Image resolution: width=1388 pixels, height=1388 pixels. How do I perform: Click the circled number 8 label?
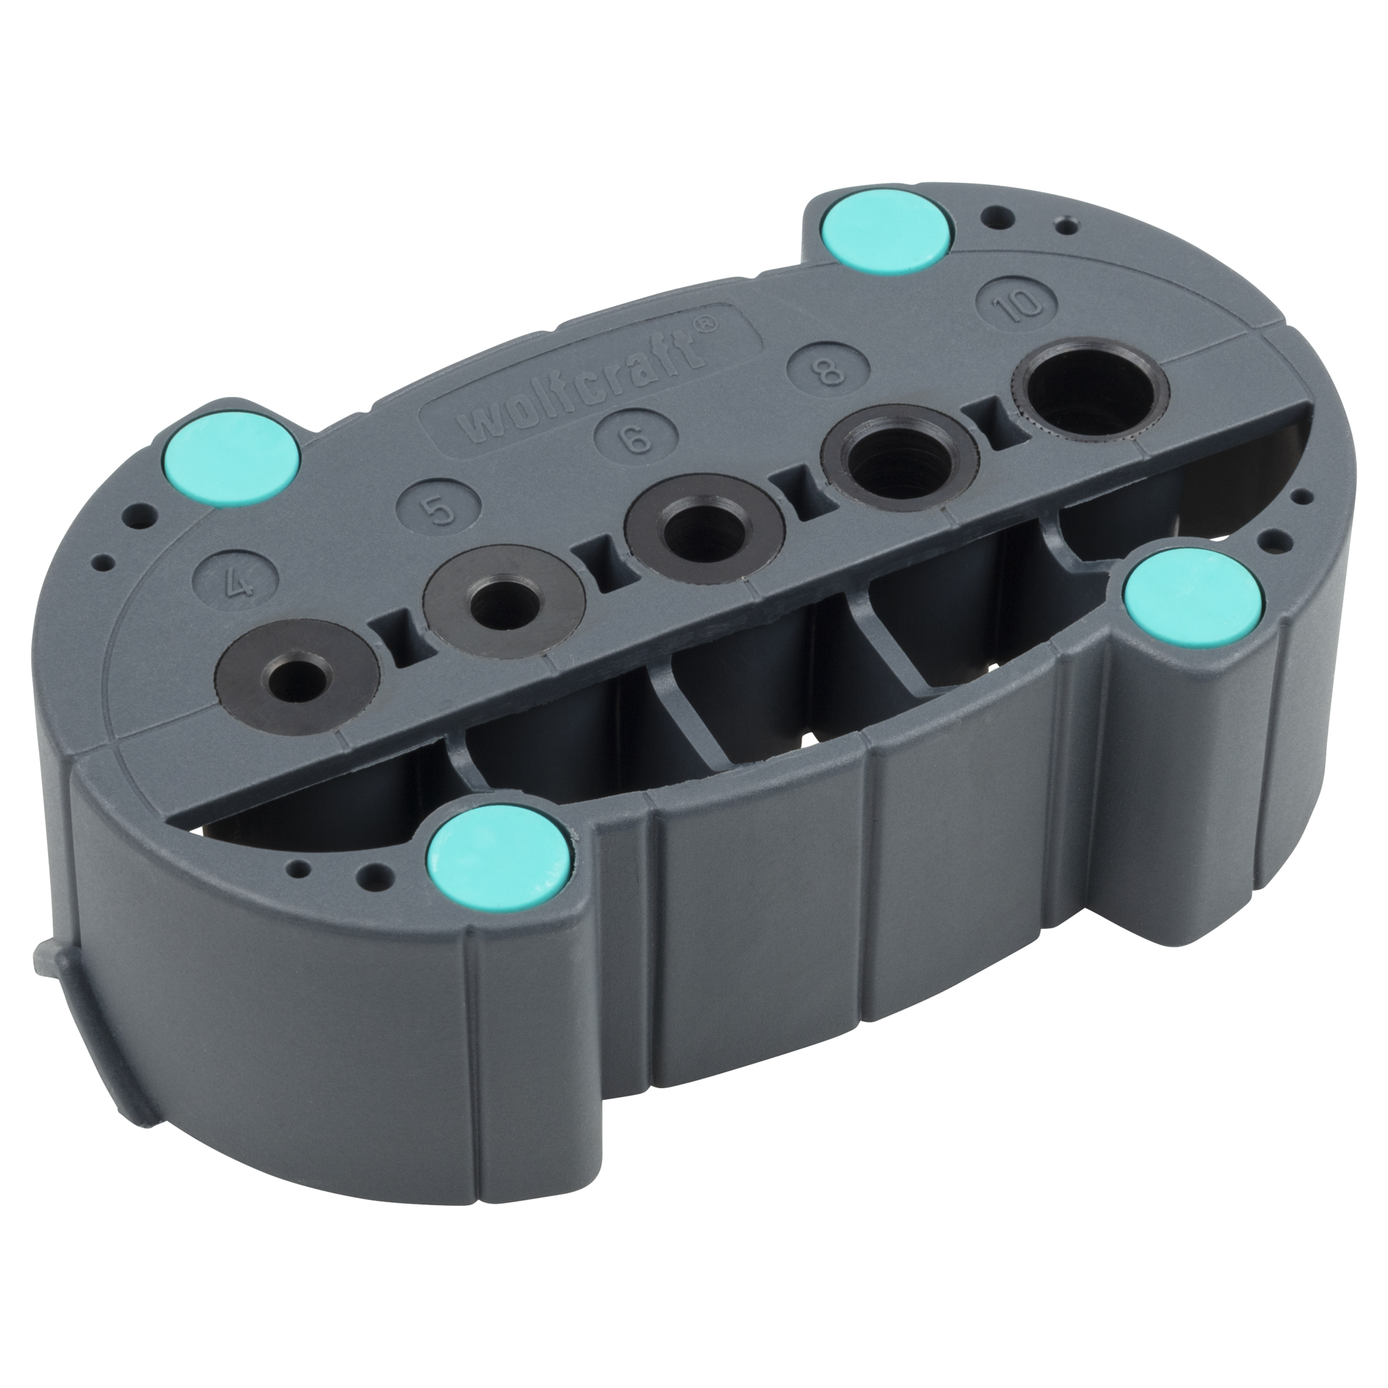(x=827, y=368)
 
